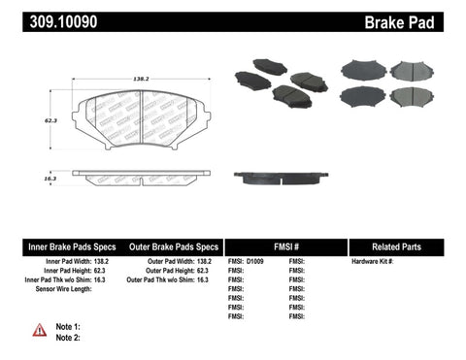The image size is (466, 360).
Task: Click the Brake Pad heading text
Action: point(421,20)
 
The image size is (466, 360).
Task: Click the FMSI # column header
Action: point(285,246)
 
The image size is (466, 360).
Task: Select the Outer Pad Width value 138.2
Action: point(204,263)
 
